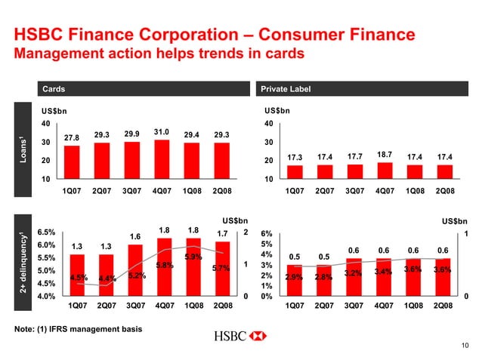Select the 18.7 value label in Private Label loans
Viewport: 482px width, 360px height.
(383, 153)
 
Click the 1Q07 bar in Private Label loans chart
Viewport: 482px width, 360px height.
(295, 171)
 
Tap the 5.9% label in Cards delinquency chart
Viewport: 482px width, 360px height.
(193, 257)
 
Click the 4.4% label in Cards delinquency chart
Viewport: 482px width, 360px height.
(107, 279)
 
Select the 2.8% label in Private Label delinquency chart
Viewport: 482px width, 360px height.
(323, 277)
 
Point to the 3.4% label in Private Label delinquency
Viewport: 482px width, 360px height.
(383, 272)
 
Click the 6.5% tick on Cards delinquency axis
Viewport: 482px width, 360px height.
(45, 233)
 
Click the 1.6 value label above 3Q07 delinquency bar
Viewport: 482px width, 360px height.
(135, 237)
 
